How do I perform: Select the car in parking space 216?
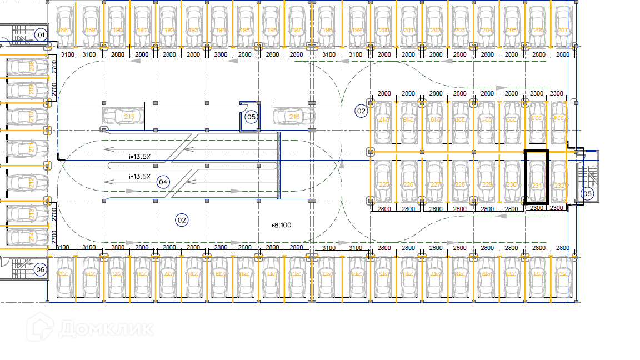294,117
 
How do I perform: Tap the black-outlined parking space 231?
537,177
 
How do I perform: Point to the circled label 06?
40,270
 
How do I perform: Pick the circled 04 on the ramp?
163,182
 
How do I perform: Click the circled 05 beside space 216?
251,117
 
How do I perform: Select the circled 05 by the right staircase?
587,193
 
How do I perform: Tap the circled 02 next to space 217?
362,111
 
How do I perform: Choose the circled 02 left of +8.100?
182,220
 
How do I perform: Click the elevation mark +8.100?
281,225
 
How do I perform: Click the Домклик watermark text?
106,328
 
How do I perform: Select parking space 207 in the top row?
563,28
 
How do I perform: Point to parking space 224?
558,120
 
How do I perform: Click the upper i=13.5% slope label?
139,157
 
